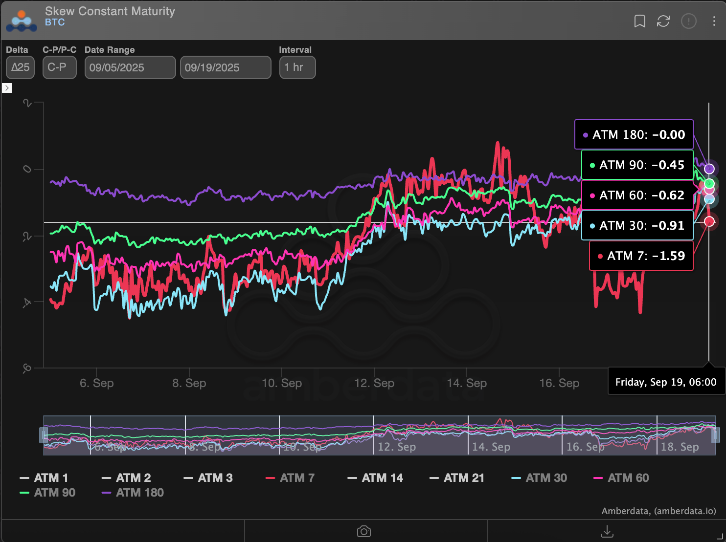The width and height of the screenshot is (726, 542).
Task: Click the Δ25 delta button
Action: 20,67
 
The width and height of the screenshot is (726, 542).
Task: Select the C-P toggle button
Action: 59,67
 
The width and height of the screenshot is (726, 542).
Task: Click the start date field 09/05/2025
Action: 130,67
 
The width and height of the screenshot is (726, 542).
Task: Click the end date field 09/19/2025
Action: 225,67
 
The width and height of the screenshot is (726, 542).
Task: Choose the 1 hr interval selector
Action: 297,67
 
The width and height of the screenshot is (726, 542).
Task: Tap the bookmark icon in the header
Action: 639,21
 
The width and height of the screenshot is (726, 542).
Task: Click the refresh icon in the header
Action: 663,21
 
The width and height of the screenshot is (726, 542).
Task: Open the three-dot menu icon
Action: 714,21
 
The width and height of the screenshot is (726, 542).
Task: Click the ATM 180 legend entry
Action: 133,493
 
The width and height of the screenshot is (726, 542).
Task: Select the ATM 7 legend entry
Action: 290,478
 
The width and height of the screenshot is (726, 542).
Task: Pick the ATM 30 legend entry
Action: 539,478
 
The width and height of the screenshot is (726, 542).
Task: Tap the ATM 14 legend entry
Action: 375,478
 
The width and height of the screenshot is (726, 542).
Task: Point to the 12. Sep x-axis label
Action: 374,383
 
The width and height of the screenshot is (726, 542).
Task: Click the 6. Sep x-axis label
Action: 97,383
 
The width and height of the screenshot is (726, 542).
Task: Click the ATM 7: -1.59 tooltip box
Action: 641,256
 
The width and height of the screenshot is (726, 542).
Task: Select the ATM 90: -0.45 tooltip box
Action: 637,165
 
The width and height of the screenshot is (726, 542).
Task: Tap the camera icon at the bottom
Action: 364,531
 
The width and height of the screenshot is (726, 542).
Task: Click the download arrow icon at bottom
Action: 607,531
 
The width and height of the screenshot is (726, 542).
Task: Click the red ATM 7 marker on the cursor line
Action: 709,222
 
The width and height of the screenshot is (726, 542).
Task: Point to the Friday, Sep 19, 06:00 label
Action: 665,382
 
